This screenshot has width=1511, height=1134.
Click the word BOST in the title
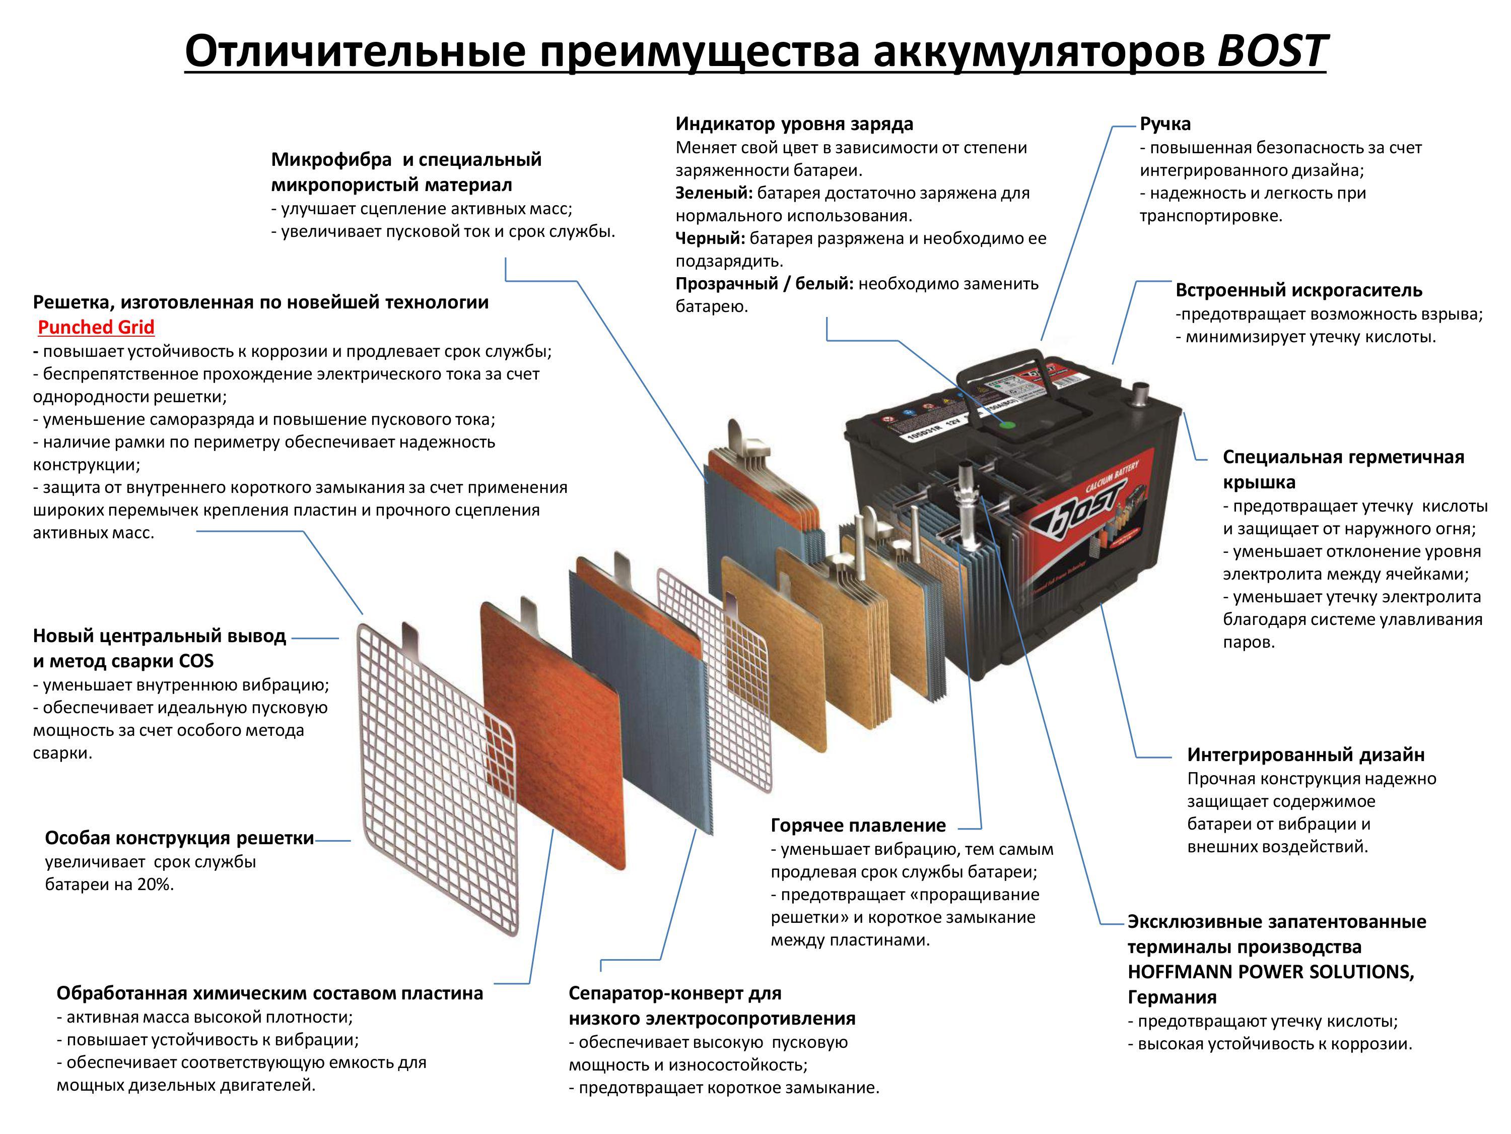(x=1271, y=51)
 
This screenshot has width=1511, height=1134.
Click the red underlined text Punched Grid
(x=96, y=328)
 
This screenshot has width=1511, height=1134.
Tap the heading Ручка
(x=1164, y=123)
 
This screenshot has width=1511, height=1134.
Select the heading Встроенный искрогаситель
(x=1298, y=290)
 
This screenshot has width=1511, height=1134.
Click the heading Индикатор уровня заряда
(x=794, y=123)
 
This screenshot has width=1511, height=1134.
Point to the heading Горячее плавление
(x=858, y=826)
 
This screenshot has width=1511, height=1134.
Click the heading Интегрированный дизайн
(x=1306, y=754)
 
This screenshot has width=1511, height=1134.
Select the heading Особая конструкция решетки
(x=179, y=838)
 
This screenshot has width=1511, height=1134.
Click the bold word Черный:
(x=710, y=238)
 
